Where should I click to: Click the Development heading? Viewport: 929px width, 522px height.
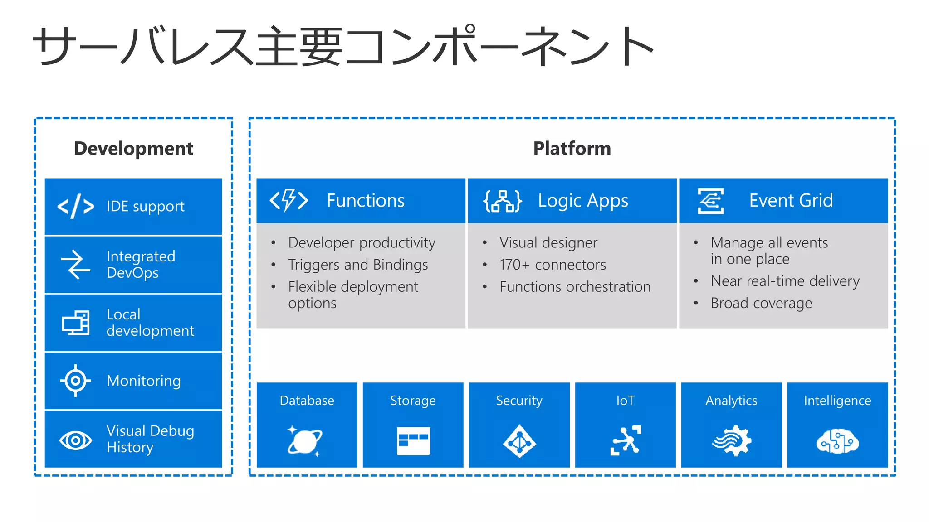(133, 149)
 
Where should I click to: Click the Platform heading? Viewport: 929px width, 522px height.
(572, 149)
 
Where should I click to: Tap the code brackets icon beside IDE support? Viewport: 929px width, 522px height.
(76, 207)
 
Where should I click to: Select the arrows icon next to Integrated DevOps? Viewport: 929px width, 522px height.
(76, 265)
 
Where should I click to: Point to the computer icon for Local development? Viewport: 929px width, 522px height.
(76, 323)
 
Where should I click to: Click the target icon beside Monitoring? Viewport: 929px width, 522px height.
(76, 381)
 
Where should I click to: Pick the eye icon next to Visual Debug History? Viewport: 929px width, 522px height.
(76, 440)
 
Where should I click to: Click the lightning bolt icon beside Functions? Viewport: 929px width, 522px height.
(289, 200)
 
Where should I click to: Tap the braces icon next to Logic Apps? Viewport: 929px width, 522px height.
(503, 201)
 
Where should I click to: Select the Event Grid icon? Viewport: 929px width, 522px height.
(711, 201)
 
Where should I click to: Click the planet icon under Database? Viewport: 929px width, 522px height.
(305, 440)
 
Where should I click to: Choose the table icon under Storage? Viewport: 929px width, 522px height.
(413, 440)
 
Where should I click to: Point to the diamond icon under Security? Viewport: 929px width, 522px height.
(519, 441)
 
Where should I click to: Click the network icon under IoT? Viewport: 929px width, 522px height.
(626, 440)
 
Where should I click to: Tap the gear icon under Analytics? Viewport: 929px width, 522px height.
(732, 440)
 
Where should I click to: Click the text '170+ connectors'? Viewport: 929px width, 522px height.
(553, 265)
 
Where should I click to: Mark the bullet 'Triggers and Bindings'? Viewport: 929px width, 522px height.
(358, 265)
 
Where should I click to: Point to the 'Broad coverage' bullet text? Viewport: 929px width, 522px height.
(761, 303)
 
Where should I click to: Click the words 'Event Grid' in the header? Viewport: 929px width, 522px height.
(791, 200)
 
